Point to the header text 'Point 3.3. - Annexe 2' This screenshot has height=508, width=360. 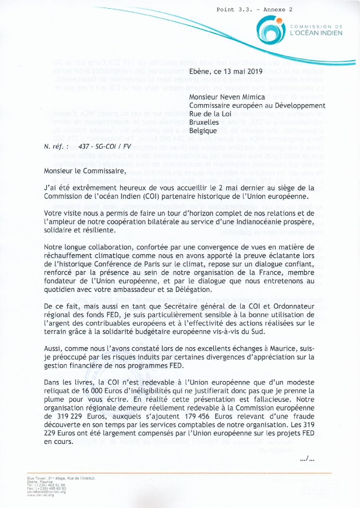(254, 10)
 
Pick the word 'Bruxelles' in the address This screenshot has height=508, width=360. (204, 122)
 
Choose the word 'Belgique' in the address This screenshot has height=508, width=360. (203, 131)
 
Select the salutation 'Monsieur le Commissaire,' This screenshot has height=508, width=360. (85, 171)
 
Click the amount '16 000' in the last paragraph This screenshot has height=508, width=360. (92, 391)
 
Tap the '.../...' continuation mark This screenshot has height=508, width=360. (307, 459)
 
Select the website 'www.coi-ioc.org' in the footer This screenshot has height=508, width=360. (40, 495)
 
